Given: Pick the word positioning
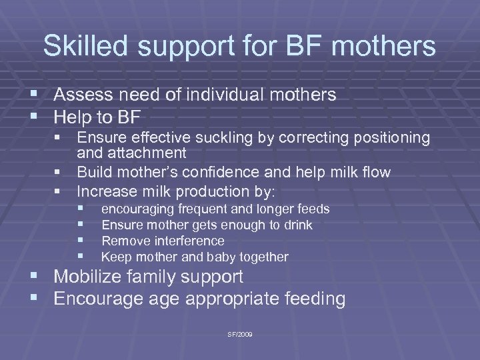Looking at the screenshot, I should (x=393, y=139).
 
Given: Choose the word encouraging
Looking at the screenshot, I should (x=136, y=210).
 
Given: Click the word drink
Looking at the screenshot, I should (x=297, y=225).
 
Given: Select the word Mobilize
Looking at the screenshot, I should (x=86, y=277).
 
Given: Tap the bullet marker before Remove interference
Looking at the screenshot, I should (x=81, y=241).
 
